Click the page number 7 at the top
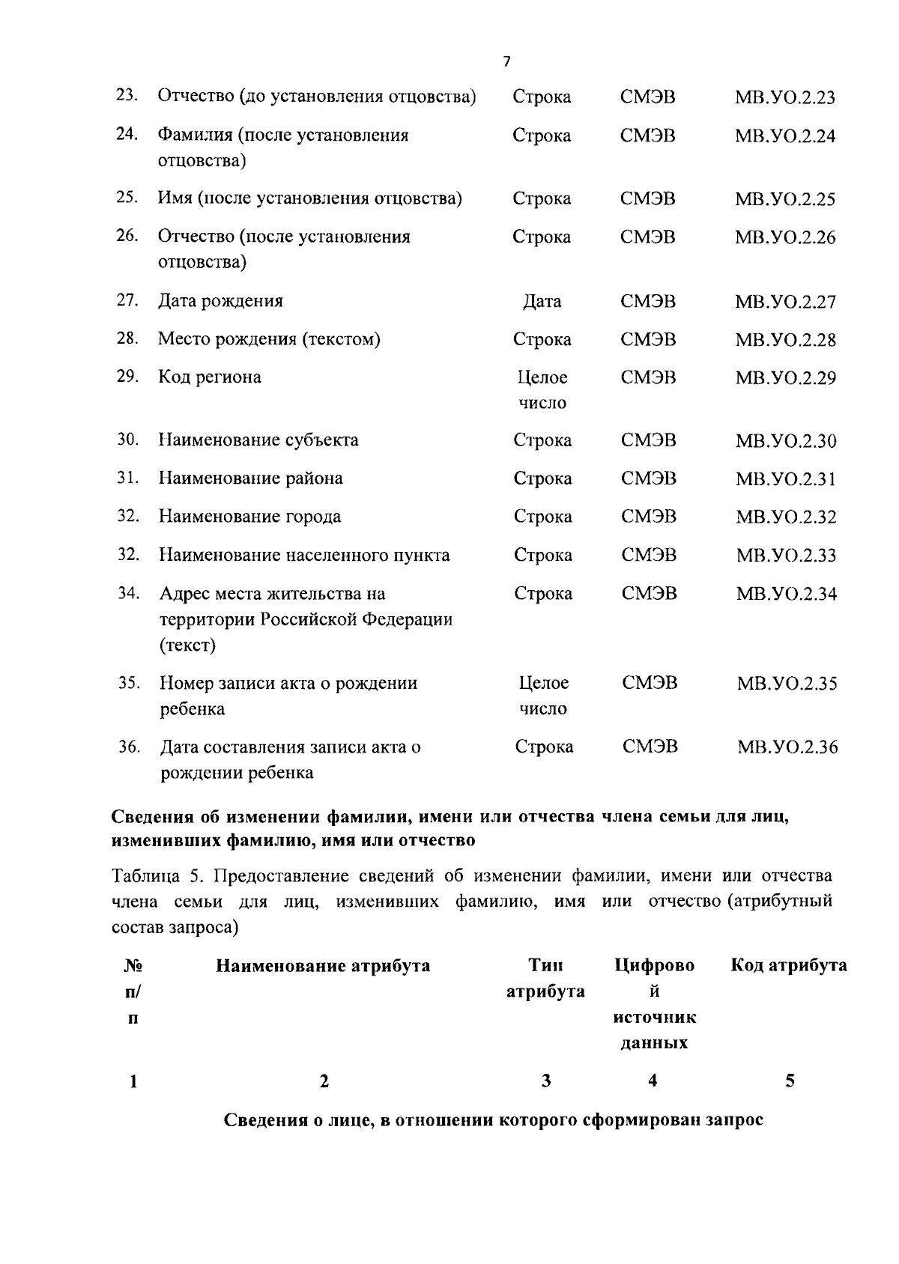coord(507,62)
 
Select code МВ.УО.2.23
coord(784,97)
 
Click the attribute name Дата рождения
coord(220,301)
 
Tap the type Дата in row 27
coord(542,301)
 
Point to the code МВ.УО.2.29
coord(785,377)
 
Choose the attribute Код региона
coord(209,377)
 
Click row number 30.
coord(127,440)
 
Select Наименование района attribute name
coord(250,478)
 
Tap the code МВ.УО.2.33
coord(786,555)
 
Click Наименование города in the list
coord(249,516)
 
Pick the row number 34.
coord(129,593)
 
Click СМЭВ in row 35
coord(650,683)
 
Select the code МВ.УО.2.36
coord(787,747)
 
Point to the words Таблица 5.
coord(147,875)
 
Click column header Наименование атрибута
coord(323,965)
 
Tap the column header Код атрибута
coord(789,965)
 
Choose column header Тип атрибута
coord(545,978)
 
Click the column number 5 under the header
coord(790,1081)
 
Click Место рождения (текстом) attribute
coord(269,339)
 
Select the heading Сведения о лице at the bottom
coord(494,1120)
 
